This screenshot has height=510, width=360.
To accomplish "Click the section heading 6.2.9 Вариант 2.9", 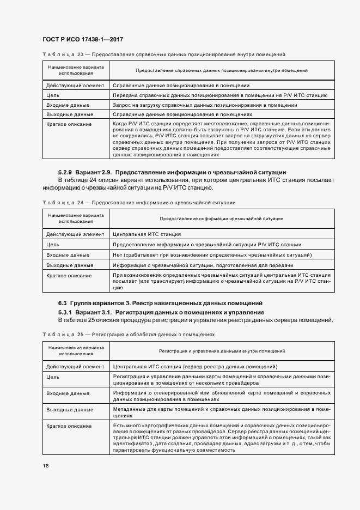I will [172, 172].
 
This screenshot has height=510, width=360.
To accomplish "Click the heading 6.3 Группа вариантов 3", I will [161, 303].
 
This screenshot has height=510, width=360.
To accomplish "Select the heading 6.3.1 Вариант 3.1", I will [161, 312].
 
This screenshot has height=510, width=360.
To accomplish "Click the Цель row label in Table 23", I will [53, 95].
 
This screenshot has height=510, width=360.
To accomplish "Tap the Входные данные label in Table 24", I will [68, 254].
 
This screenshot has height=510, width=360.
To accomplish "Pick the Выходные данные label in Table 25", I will [69, 409].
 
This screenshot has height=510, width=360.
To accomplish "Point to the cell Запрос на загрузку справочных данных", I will [204, 105].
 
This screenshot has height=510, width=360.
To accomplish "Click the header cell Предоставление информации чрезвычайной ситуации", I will [221, 218].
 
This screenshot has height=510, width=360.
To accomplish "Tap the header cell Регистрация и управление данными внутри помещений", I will [222, 351].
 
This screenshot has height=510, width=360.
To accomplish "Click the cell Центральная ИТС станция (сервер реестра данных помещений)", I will [195, 366].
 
